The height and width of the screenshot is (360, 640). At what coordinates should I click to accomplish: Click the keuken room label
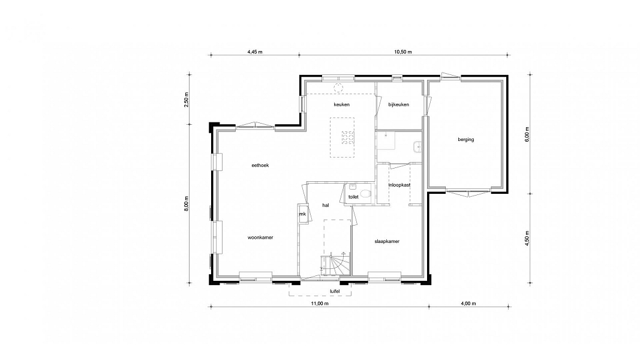pyautogui.click(x=342, y=104)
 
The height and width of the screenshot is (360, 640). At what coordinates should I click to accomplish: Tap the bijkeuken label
pyautogui.click(x=399, y=104)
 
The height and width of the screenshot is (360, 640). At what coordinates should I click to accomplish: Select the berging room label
pyautogui.click(x=465, y=140)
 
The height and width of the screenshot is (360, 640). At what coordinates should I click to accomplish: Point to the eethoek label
pyautogui.click(x=260, y=166)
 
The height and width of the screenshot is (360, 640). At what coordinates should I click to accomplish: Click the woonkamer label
pyautogui.click(x=260, y=238)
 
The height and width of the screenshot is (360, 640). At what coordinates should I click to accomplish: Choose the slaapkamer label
pyautogui.click(x=387, y=241)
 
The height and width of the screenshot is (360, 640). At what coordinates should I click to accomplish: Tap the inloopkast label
pyautogui.click(x=399, y=185)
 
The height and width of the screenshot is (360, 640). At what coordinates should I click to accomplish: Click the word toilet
pyautogui.click(x=353, y=197)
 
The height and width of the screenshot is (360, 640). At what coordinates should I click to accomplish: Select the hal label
pyautogui.click(x=325, y=205)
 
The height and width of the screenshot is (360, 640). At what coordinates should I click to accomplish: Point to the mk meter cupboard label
pyautogui.click(x=302, y=214)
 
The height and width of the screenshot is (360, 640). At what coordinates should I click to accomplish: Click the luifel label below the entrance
pyautogui.click(x=335, y=291)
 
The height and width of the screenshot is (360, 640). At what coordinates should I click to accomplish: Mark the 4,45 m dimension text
pyautogui.click(x=255, y=52)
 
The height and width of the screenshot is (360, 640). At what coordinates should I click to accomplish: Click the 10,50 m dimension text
pyautogui.click(x=403, y=52)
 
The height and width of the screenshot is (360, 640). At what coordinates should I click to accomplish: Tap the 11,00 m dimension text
pyautogui.click(x=320, y=303)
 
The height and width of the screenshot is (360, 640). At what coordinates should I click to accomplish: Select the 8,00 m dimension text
pyautogui.click(x=186, y=203)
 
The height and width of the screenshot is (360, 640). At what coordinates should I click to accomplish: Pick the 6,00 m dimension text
pyautogui.click(x=527, y=134)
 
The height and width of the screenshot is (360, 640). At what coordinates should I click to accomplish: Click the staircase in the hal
pyautogui.click(x=335, y=265)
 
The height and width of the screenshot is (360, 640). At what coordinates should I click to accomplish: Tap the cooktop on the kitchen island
pyautogui.click(x=348, y=137)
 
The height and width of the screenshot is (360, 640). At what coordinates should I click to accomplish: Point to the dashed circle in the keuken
pyautogui.click(x=338, y=88)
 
